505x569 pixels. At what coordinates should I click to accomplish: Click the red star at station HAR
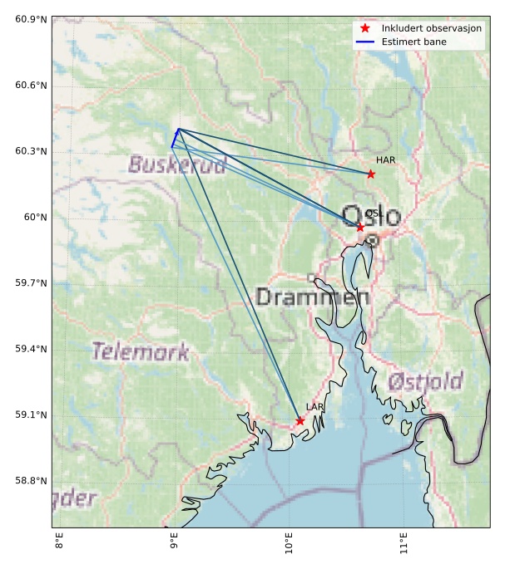[371, 174]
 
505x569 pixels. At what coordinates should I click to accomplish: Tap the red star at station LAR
[300, 421]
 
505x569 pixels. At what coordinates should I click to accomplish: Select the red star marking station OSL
[360, 227]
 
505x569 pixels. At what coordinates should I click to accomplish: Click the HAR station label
[385, 160]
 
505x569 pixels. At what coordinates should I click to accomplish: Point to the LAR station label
[314, 407]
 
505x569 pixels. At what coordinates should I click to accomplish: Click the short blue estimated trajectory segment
[175, 138]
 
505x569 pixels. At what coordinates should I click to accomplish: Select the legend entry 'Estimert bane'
[413, 42]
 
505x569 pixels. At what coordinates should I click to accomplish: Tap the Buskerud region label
[177, 164]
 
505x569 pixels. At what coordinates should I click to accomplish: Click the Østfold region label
[425, 382]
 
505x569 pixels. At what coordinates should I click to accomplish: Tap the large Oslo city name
[371, 217]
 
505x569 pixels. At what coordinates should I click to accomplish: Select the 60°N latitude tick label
[35, 217]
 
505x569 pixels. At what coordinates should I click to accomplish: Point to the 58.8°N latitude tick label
[32, 481]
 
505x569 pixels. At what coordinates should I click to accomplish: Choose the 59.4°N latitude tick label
[32, 349]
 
